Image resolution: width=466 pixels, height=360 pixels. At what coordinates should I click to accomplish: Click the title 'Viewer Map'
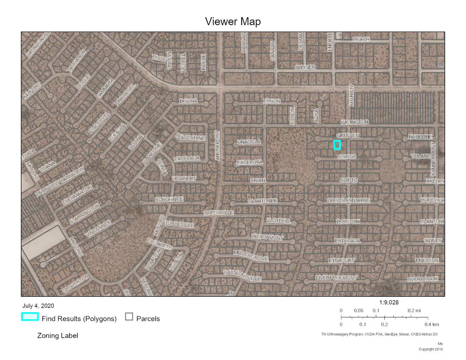click(x=233, y=22)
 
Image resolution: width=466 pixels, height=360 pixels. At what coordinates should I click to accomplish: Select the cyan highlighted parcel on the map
click(x=337, y=145)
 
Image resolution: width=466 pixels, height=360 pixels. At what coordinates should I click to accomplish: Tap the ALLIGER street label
click(x=305, y=67)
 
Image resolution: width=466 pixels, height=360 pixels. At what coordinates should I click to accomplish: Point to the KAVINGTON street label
click(x=355, y=122)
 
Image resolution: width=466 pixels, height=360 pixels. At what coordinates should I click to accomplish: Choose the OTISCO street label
click(x=346, y=157)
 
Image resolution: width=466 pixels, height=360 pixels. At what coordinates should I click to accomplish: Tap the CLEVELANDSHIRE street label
click(x=348, y=200)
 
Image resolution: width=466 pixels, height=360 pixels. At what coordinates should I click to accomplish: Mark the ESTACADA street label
click(x=348, y=241)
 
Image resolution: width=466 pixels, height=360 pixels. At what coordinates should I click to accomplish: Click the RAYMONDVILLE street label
click(x=242, y=276)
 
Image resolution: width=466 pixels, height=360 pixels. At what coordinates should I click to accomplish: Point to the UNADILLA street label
click(x=249, y=143)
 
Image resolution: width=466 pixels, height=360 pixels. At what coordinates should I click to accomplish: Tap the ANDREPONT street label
click(x=217, y=146)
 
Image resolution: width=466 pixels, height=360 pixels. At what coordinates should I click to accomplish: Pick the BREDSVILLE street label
click(x=219, y=213)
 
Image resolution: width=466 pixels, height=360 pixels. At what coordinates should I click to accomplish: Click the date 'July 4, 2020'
click(x=38, y=306)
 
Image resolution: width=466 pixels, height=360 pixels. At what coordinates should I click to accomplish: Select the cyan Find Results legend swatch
click(x=30, y=317)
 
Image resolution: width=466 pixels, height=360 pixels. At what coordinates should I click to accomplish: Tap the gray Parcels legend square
click(x=129, y=317)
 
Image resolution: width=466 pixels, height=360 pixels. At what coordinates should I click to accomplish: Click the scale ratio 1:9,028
click(x=389, y=302)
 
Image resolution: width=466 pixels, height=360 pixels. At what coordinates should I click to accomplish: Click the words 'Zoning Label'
click(x=57, y=336)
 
